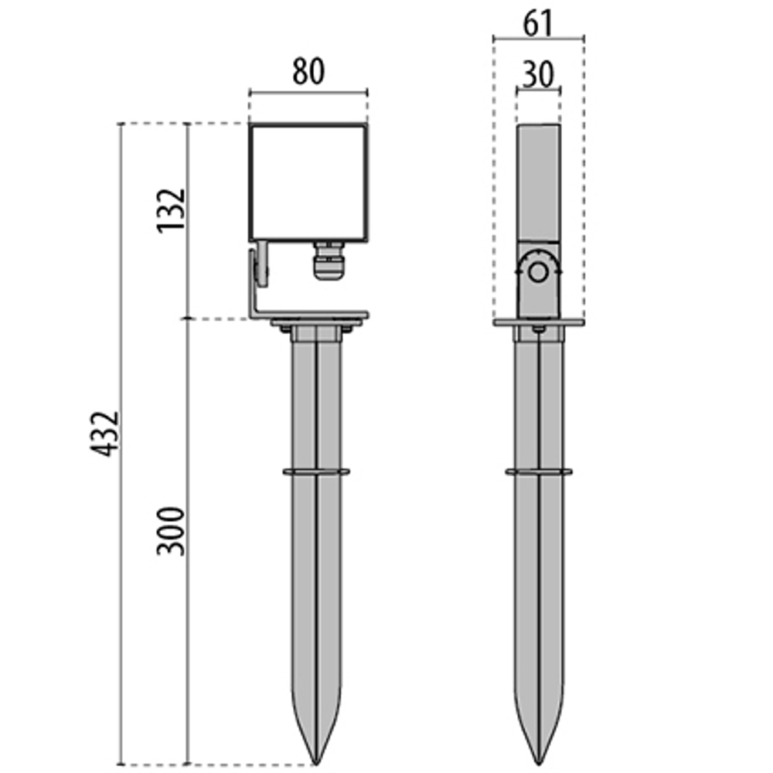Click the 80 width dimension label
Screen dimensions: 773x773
pyautogui.click(x=308, y=71)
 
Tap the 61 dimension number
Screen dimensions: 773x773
pyautogui.click(x=538, y=23)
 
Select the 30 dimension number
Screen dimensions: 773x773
pyautogui.click(x=538, y=75)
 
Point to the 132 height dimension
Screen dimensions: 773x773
pyautogui.click(x=171, y=210)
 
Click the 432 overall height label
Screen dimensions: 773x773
pyautogui.click(x=104, y=434)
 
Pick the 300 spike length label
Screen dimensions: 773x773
pyautogui.click(x=171, y=532)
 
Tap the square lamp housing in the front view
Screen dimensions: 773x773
pyautogui.click(x=308, y=182)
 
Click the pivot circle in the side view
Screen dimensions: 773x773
pyautogui.click(x=538, y=272)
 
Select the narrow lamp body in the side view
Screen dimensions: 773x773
pyautogui.click(x=538, y=183)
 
